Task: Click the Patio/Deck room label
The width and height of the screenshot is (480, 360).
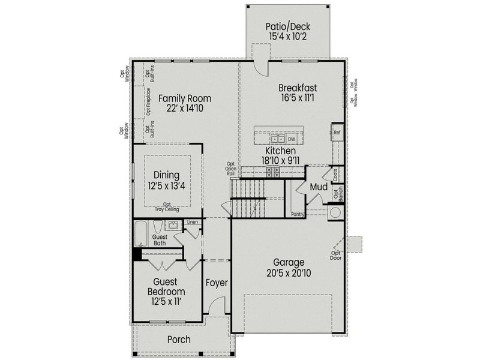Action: [x=289, y=26]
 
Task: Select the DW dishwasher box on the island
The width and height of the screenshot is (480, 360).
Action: [x=292, y=138]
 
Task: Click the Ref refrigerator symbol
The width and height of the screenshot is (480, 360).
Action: [x=337, y=132]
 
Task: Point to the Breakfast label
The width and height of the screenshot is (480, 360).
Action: [x=298, y=87]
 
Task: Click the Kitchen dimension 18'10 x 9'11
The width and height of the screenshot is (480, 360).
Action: [x=281, y=161]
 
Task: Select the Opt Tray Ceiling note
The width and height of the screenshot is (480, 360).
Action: [x=167, y=207]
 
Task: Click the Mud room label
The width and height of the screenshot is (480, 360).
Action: [x=319, y=187]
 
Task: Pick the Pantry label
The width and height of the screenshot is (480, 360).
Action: [x=298, y=214]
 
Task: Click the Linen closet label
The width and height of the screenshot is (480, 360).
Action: [x=192, y=223]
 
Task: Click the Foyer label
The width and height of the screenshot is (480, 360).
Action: [x=217, y=283]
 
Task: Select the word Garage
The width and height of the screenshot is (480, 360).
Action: [x=289, y=262]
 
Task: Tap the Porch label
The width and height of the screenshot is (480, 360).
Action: [x=179, y=340]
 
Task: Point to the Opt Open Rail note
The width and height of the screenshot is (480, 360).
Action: [x=230, y=170]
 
